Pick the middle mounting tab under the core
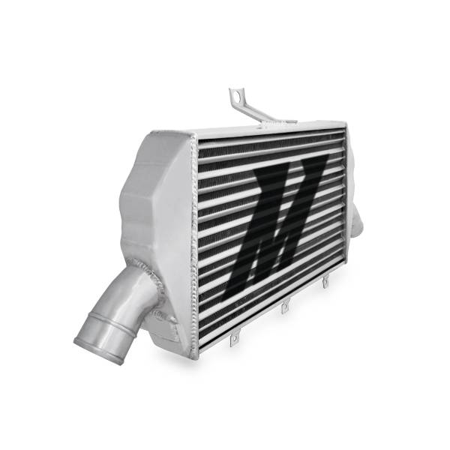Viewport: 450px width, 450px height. pos(286,308)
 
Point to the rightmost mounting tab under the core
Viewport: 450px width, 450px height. pos(326,283)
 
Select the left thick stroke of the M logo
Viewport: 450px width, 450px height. pos(260,225)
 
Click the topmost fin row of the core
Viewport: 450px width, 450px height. pos(270,142)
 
